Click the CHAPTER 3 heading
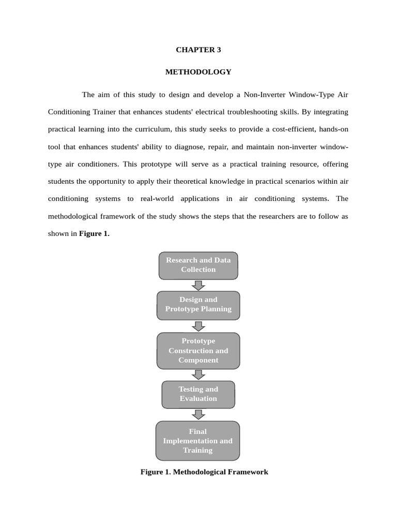pos(198,50)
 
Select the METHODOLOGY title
pos(198,72)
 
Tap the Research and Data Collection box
pos(198,265)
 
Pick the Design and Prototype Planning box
pos(198,304)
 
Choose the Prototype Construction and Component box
pos(198,350)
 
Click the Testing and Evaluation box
pos(198,394)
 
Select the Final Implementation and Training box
pos(198,440)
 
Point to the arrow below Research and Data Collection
pos(198,285)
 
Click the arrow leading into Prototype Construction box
pos(198,326)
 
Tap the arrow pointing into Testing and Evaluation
pos(198,375)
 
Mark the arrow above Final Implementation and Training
pos(198,415)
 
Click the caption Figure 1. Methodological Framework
pos(204,472)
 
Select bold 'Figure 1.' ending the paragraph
pos(94,233)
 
